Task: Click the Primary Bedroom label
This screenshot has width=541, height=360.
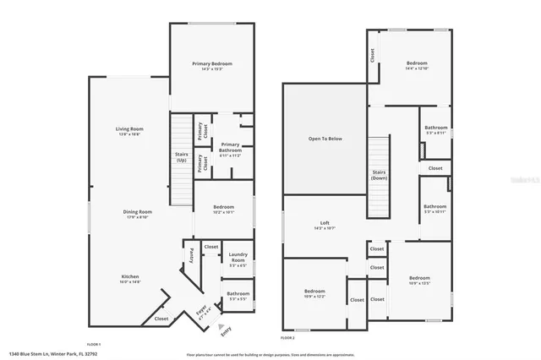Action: (x=211, y=64)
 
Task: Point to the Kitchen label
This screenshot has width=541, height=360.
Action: (x=129, y=276)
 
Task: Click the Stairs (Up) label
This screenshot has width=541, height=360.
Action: (x=181, y=156)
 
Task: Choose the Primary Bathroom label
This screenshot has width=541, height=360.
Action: (x=230, y=147)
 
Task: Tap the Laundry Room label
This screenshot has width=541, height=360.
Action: (x=238, y=257)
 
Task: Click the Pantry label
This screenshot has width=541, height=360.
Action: (x=192, y=253)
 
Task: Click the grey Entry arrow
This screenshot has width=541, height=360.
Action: (x=221, y=325)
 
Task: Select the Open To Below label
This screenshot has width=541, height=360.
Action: (x=325, y=138)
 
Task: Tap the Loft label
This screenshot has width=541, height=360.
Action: (x=325, y=224)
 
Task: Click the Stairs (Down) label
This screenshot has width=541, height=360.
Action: (x=380, y=175)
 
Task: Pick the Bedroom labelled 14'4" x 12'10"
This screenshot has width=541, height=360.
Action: (x=417, y=64)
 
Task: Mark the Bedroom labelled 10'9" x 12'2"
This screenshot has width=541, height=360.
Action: (x=314, y=294)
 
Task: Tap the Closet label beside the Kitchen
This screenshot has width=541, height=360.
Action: (x=161, y=319)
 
